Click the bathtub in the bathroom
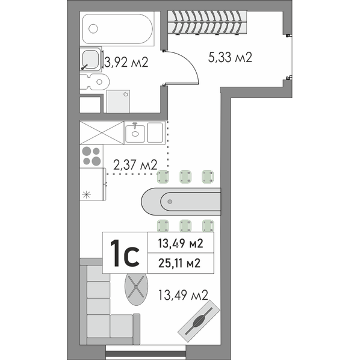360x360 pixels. point(117,29)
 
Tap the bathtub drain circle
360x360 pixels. point(93,29)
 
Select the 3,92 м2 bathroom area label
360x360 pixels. point(126,62)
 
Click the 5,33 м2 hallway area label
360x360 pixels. point(230,57)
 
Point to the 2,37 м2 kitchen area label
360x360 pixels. point(135,165)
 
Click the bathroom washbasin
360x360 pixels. point(91,60)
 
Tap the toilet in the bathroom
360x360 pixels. point(95,82)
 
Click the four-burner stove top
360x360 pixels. point(92,156)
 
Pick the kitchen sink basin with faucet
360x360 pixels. point(135,132)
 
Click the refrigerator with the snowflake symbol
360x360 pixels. point(93,184)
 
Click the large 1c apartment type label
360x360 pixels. point(125,253)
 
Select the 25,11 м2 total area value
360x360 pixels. point(179,263)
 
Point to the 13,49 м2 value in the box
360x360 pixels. point(181,243)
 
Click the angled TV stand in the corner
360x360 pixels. point(199,321)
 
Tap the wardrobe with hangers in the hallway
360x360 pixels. point(207,22)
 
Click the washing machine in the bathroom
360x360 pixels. point(118,101)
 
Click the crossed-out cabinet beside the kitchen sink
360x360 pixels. point(102,132)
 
